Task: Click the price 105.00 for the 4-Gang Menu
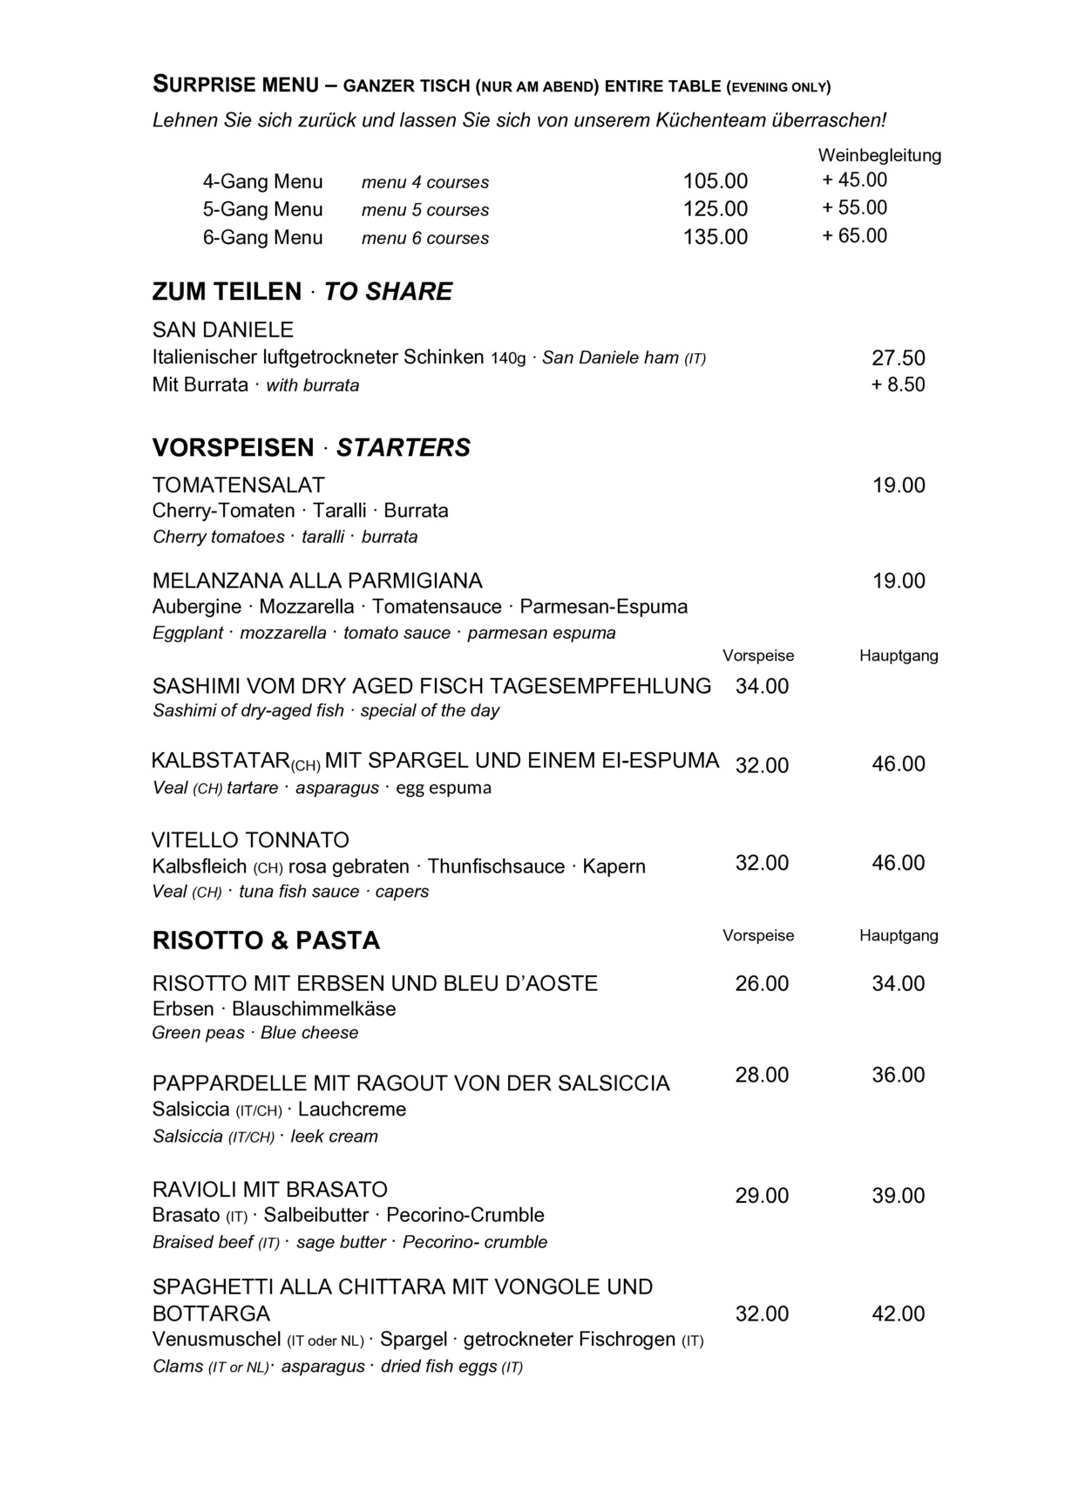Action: pyautogui.click(x=715, y=181)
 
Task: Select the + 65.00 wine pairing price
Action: pyautogui.click(x=854, y=235)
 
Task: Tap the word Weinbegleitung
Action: pyautogui.click(x=879, y=155)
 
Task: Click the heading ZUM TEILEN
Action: pyautogui.click(x=227, y=292)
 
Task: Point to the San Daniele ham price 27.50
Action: pyautogui.click(x=898, y=358)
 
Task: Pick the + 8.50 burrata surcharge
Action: pyautogui.click(x=898, y=385)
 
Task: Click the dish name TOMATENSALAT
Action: pyautogui.click(x=238, y=485)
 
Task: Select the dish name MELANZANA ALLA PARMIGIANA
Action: pyautogui.click(x=317, y=580)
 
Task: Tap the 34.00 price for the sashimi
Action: pyautogui.click(x=762, y=686)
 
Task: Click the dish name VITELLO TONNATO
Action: pyautogui.click(x=250, y=840)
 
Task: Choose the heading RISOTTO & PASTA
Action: pyautogui.click(x=266, y=940)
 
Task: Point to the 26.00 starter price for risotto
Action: pyautogui.click(x=762, y=983)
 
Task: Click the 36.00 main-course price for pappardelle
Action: pyautogui.click(x=898, y=1075)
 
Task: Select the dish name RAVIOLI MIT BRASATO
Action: pyautogui.click(x=269, y=1189)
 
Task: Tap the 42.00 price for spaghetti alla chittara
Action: pyautogui.click(x=898, y=1314)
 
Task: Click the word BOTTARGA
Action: pyautogui.click(x=211, y=1314)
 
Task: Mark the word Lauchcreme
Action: pyautogui.click(x=352, y=1110)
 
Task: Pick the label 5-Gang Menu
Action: pyautogui.click(x=262, y=209)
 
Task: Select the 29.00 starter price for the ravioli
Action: pyautogui.click(x=762, y=1195)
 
